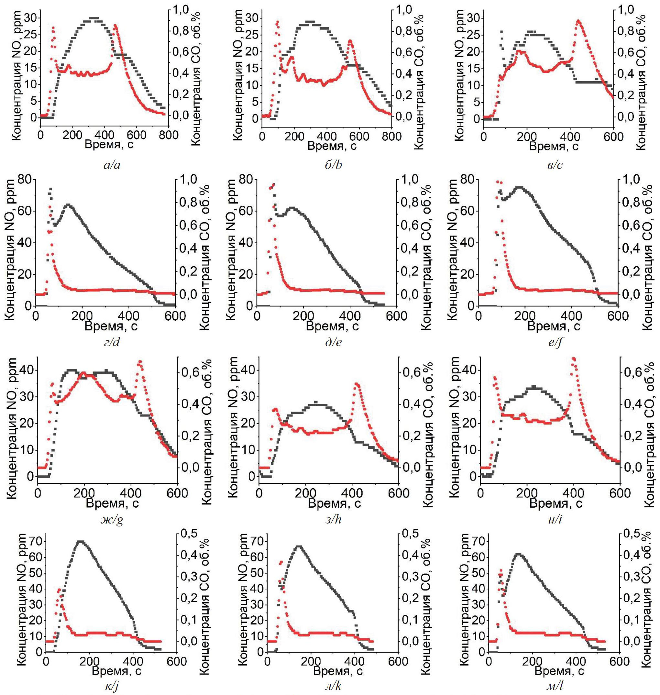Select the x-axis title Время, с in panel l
click(559, 671)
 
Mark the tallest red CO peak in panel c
click(578, 21)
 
